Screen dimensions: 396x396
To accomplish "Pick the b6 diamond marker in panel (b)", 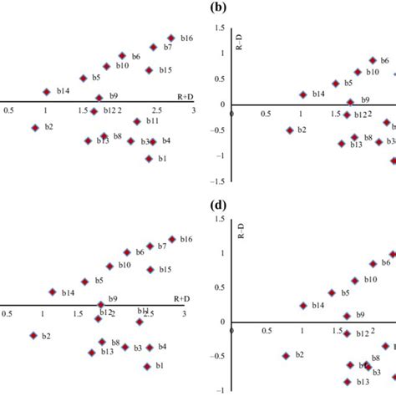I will (373, 61).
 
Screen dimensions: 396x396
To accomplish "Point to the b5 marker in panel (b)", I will (336, 84).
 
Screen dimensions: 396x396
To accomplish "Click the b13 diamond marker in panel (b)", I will (342, 144).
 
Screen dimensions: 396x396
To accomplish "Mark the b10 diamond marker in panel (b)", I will (358, 73).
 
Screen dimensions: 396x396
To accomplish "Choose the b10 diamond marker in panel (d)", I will (355, 281).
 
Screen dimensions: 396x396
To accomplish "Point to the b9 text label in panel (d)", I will (361, 316).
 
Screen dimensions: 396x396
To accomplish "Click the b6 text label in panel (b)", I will (385, 61).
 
